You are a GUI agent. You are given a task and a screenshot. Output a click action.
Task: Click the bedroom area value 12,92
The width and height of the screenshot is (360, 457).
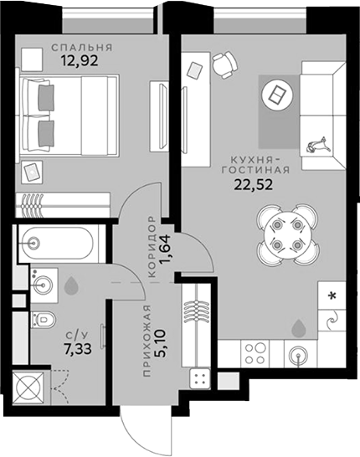82,60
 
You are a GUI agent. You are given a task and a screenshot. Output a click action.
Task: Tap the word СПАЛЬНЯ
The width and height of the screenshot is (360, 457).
82,47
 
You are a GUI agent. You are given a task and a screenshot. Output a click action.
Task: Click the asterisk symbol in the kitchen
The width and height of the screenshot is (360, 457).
333,295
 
